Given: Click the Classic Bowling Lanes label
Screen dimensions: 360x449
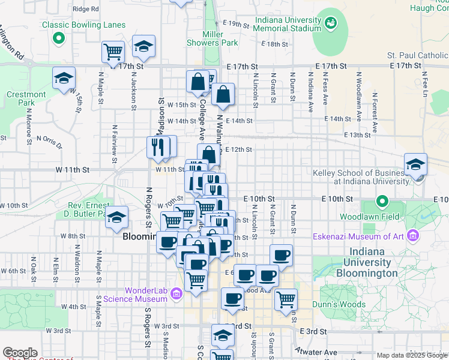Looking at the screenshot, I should coord(84,25).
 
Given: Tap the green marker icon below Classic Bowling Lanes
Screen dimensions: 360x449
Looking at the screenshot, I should coord(59,40).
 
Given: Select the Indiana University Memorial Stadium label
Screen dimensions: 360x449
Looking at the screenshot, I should coord(288,25).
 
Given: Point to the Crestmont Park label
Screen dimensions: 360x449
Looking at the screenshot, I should coord(26,98).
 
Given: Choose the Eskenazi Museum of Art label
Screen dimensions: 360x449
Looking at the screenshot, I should coord(357,236).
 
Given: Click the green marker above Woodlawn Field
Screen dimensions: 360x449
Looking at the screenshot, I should coord(381,200).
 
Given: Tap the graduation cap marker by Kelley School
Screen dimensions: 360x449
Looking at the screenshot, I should coord(415,166).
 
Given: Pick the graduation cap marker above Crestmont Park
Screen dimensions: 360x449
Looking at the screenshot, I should coord(63,79).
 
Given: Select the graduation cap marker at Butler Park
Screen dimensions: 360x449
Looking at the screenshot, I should coord(117,217).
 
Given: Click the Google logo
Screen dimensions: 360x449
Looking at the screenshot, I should coord(20,353).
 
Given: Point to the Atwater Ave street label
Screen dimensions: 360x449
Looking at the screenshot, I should coord(316,351).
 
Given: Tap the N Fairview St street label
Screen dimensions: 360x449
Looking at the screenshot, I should coord(114,144).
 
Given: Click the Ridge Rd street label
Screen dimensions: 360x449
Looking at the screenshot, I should coord(85,9).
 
